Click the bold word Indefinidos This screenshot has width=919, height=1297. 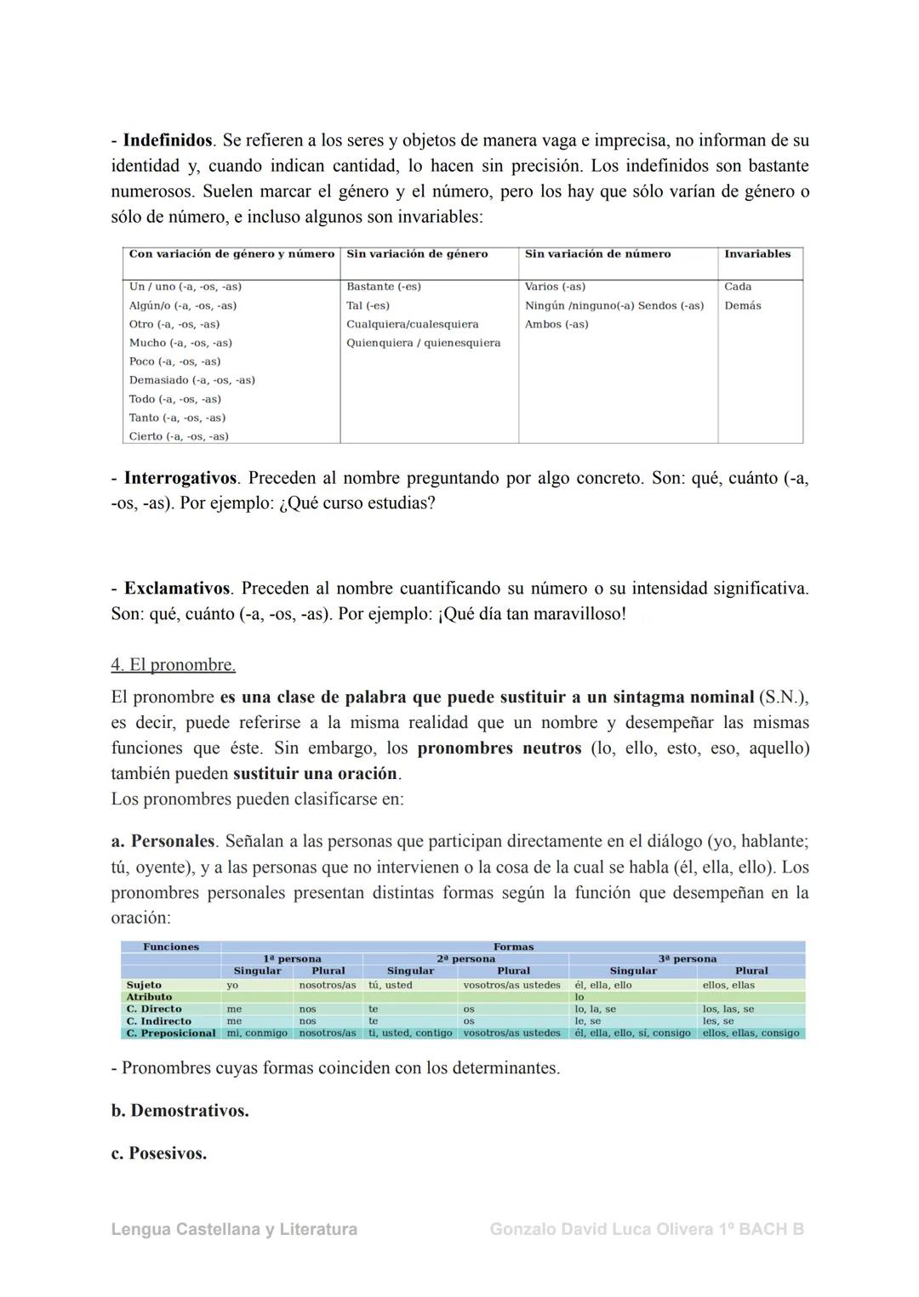tap(168, 140)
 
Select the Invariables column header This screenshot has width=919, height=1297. tap(756, 254)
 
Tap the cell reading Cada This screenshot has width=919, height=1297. tap(738, 287)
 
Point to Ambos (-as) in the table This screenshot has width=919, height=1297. tap(557, 324)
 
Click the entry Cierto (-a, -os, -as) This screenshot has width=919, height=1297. tap(179, 436)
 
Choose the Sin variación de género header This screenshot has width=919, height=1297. tap(417, 254)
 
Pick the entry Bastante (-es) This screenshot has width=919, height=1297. tap(384, 287)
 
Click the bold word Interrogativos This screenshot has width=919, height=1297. tap(180, 478)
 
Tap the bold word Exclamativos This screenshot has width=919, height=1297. tap(177, 589)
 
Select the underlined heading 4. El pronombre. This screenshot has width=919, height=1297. tap(174, 665)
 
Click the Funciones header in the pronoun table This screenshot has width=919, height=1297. tap(171, 947)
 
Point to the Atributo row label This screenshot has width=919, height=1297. tap(149, 997)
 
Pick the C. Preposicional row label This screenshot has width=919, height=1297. tap(171, 1033)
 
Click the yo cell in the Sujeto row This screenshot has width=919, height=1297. tap(232, 985)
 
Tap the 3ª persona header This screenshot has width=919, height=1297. tap(687, 959)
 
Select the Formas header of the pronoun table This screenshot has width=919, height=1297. tap(513, 947)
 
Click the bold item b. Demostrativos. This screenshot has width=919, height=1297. tap(180, 1111)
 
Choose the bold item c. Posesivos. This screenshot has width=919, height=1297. tap(159, 1154)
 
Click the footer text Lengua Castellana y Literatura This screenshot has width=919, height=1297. tap(234, 1230)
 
